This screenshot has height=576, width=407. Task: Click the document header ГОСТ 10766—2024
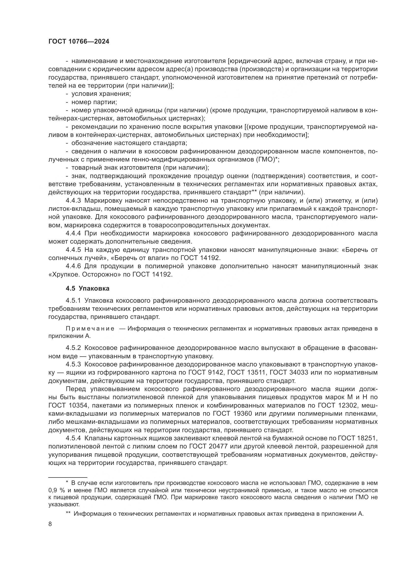(x=79, y=42)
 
